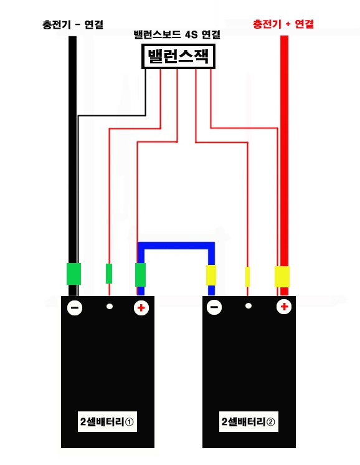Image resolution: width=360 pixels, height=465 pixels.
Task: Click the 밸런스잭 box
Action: click(x=178, y=56)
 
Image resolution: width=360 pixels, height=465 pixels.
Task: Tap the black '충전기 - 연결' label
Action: click(x=73, y=24)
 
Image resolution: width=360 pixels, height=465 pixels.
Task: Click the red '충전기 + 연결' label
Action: click(x=283, y=24)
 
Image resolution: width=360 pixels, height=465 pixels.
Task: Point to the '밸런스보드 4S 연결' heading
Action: click(x=177, y=35)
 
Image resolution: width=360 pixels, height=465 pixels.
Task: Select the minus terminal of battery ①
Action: click(x=75, y=308)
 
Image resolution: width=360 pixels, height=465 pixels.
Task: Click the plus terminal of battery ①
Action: click(x=141, y=307)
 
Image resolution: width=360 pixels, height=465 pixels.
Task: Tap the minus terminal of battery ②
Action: click(x=214, y=307)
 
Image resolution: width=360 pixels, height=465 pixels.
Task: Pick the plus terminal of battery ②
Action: click(x=284, y=306)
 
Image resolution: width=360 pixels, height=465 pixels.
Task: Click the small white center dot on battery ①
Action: click(x=110, y=306)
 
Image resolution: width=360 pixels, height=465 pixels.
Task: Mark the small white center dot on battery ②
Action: click(x=249, y=306)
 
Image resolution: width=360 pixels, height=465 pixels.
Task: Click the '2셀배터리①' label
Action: click(x=107, y=421)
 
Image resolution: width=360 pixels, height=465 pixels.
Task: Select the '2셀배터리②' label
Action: click(x=249, y=421)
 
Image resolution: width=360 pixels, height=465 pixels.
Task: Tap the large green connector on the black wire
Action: click(x=73, y=274)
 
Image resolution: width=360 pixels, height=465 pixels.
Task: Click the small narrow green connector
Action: click(x=109, y=274)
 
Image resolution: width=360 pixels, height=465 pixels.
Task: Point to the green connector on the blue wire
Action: click(x=140, y=275)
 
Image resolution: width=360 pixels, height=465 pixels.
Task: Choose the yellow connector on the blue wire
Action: click(x=211, y=276)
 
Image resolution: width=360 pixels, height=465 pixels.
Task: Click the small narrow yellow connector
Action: click(x=247, y=277)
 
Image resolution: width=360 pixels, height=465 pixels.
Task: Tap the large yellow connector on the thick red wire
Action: click(x=282, y=277)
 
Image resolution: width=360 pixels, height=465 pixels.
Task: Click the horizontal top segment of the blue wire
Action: click(x=176, y=246)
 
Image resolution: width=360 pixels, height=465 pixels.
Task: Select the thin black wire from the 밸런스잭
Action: click(x=111, y=115)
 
